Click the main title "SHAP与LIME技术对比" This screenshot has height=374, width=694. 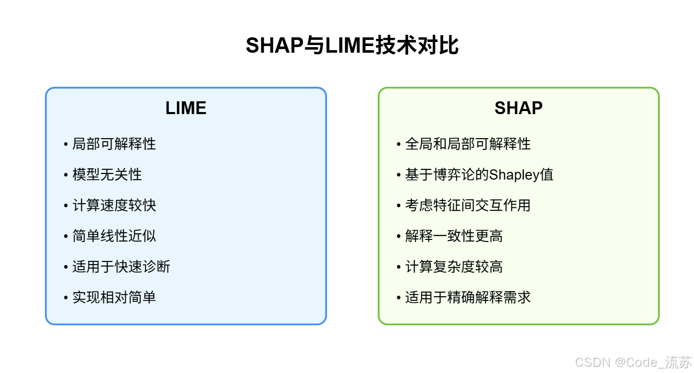click(x=352, y=46)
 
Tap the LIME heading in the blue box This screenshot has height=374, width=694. click(x=186, y=108)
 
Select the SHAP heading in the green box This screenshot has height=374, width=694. click(x=518, y=108)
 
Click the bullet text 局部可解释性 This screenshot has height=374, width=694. click(x=114, y=144)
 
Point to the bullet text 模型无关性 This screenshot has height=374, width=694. click(x=107, y=174)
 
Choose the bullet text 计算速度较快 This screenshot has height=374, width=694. click(x=114, y=205)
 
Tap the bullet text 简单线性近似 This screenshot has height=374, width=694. click(x=114, y=236)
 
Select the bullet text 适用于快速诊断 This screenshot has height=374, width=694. click(x=121, y=267)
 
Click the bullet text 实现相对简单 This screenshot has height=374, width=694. click(x=114, y=297)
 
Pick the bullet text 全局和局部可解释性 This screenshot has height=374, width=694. click(x=468, y=144)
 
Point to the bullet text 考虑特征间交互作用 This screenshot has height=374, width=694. click(x=468, y=205)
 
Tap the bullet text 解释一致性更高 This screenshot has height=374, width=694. click(x=454, y=236)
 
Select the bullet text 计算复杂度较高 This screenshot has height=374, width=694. click(x=454, y=267)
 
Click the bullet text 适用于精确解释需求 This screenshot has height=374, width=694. click(x=468, y=297)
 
